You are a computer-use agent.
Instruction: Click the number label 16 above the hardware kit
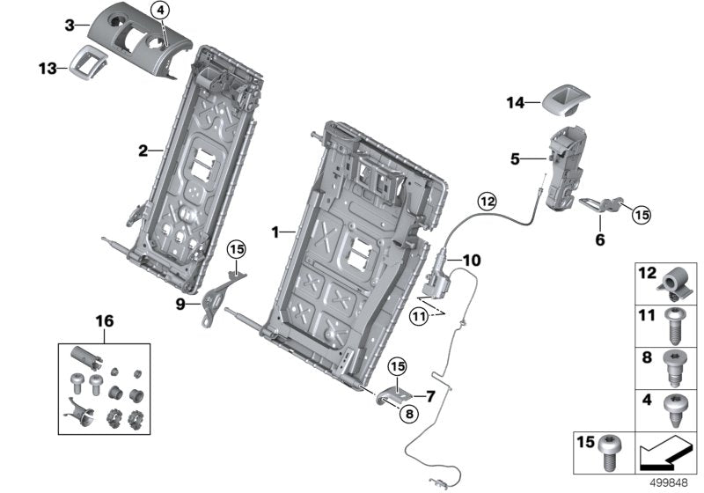105,323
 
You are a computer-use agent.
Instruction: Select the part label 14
513,103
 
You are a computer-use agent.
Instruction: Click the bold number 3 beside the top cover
70,26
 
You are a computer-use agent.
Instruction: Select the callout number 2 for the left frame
143,151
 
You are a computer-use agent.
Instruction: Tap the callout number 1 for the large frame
275,232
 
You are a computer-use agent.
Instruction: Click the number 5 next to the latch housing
516,159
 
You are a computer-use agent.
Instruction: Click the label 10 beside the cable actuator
472,261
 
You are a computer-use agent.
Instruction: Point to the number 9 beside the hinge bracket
180,305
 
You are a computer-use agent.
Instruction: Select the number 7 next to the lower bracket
431,396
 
